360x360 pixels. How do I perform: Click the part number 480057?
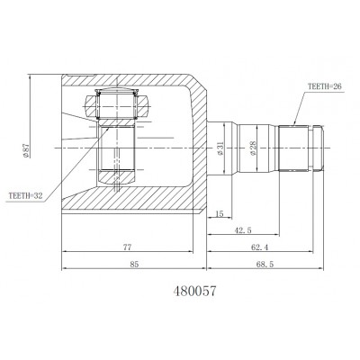click(194, 291)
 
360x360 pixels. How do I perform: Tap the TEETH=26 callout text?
click(325, 86)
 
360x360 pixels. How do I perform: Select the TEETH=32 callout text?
click(26, 196)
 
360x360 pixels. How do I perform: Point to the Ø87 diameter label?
click(26, 150)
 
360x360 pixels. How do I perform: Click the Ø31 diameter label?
click(220, 148)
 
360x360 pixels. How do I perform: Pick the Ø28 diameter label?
click(253, 148)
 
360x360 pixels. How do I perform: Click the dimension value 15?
click(220, 213)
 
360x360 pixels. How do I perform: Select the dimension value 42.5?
click(243, 230)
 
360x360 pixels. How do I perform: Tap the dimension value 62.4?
click(259, 247)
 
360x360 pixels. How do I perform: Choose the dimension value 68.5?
click(265, 265)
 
